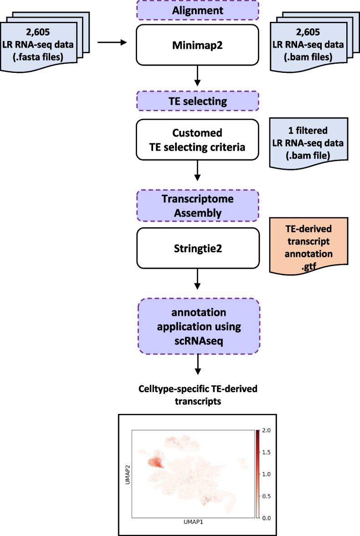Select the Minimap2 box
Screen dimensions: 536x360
point(197,45)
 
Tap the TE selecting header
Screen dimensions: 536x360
point(197,101)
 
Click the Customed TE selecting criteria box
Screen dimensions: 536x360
point(197,139)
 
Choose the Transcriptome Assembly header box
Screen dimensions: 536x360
point(197,205)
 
